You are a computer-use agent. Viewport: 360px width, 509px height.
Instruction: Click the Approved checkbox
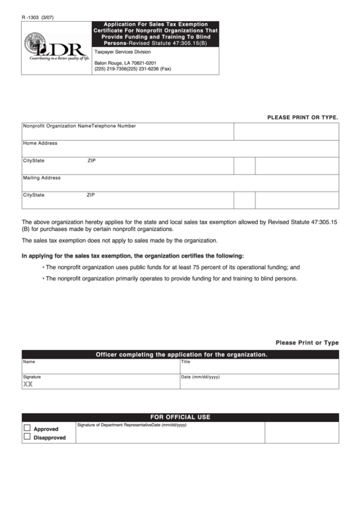[27, 428]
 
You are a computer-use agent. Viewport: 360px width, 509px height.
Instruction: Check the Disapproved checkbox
[27, 437]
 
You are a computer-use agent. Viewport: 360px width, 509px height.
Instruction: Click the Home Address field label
[40, 143]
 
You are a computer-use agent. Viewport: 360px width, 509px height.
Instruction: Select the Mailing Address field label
[42, 177]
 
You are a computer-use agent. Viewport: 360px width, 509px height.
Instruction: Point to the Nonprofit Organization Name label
[57, 126]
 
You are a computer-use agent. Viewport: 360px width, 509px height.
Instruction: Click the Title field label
[185, 362]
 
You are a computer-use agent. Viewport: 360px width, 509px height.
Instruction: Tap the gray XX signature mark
[28, 384]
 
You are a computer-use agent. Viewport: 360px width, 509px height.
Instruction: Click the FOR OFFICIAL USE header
[180, 417]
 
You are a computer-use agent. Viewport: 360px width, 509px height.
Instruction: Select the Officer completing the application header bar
[180, 355]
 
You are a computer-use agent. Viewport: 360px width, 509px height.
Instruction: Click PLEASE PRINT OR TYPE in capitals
[302, 117]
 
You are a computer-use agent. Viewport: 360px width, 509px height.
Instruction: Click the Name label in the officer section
[29, 362]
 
